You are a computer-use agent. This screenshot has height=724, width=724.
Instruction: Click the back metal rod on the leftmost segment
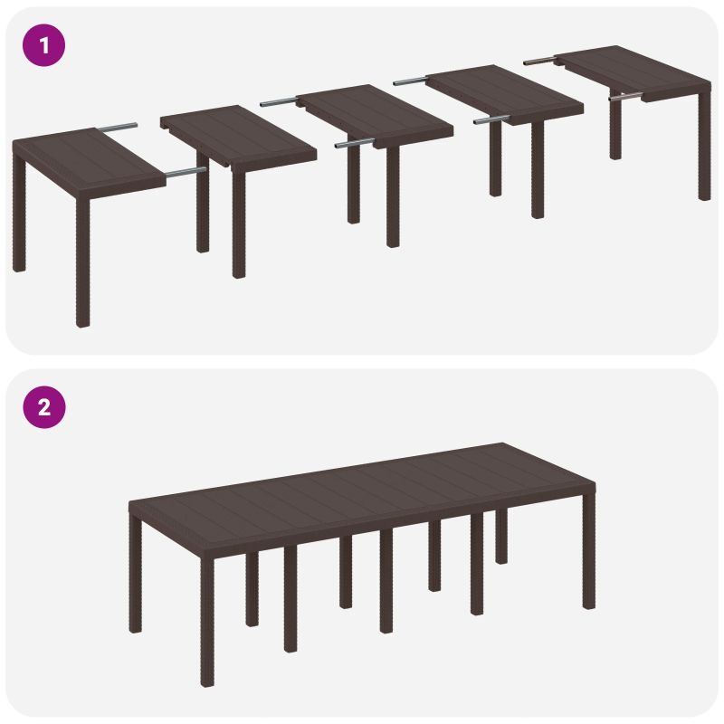120,127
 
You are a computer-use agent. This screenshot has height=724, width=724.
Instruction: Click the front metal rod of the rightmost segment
625,93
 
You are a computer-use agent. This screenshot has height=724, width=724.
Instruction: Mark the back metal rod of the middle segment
280,102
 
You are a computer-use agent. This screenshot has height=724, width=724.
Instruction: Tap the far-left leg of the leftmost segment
19,222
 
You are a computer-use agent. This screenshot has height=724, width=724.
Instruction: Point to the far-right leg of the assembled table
589,561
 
